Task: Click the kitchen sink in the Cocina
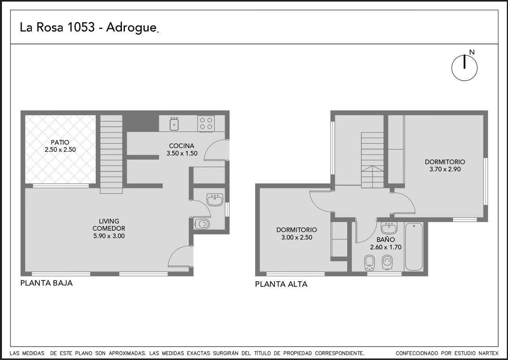(174, 124)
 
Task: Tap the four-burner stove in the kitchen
(206, 124)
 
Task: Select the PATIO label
(60, 142)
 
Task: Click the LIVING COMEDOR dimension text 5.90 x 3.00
(109, 236)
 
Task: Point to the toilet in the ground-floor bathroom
(202, 224)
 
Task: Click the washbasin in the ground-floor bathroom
(215, 200)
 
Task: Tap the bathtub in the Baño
(414, 247)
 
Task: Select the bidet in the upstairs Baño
(369, 263)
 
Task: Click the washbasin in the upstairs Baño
(389, 228)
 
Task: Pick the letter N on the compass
(472, 52)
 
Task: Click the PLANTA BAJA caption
(47, 283)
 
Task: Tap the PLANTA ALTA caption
(281, 284)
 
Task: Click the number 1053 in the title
(81, 27)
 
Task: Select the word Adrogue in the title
(131, 28)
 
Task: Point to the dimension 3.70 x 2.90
(445, 169)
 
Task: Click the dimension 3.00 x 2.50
(297, 237)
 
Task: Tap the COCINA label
(181, 146)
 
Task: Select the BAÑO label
(385, 239)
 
